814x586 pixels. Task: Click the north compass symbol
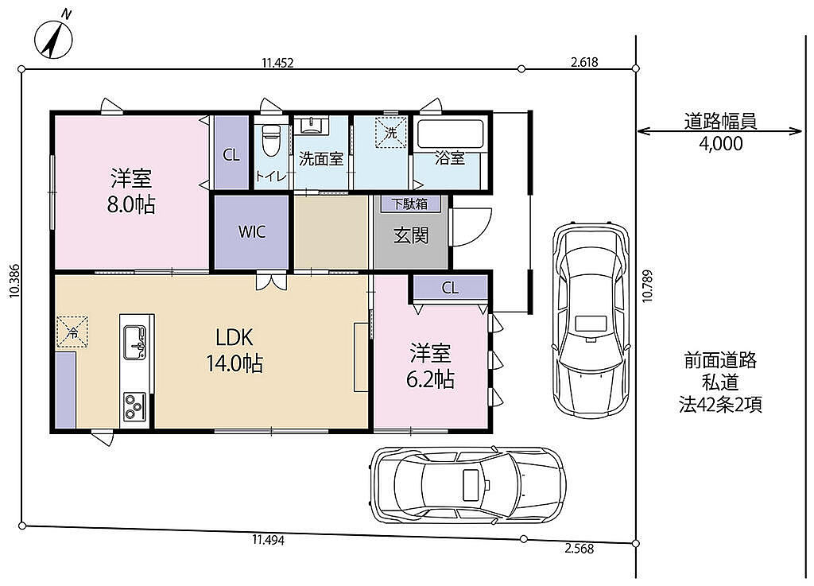(x=53, y=37)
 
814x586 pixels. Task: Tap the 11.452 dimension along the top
(x=277, y=64)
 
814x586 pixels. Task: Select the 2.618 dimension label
(x=584, y=63)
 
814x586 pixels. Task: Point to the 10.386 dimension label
(x=14, y=281)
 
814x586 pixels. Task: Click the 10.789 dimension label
(x=647, y=285)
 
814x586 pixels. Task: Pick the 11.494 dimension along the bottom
(x=269, y=540)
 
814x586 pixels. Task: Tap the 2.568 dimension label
(x=579, y=549)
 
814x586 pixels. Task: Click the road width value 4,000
(x=720, y=144)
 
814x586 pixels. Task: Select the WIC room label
(x=252, y=231)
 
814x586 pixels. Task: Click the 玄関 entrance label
(x=411, y=235)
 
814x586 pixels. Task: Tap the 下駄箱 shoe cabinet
(x=410, y=204)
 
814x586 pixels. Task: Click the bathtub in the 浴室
(x=451, y=135)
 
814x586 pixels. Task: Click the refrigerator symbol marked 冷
(x=72, y=332)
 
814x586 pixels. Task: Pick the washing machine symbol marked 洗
(x=391, y=133)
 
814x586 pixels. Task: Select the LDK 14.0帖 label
(x=235, y=351)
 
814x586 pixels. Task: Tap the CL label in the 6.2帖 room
(x=450, y=288)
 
